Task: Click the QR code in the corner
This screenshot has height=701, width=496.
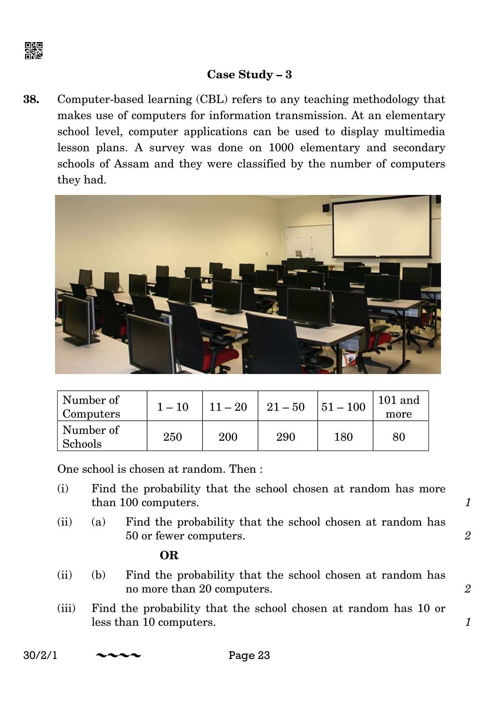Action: point(34,50)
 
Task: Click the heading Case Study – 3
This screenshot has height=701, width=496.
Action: point(249,75)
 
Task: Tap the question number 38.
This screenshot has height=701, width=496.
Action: point(32,100)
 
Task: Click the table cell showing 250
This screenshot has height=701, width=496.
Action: point(173,437)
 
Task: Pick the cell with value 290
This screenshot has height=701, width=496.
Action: point(286,437)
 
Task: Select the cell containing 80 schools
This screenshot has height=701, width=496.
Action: point(398,437)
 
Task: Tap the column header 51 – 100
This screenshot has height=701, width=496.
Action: point(343,407)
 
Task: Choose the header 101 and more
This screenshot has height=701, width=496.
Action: point(398,407)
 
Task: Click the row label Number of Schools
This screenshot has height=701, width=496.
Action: point(91,437)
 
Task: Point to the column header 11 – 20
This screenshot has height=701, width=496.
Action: point(228,407)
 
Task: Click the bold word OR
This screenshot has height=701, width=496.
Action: point(169,555)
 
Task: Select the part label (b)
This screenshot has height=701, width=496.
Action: point(98,575)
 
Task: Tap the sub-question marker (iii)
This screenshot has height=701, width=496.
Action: point(66,608)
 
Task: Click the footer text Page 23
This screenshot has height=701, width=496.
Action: point(249,655)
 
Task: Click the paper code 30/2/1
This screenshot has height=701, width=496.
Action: point(40,655)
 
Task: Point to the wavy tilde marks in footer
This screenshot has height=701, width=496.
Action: point(118,656)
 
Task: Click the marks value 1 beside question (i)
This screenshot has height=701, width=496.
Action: point(468,502)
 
